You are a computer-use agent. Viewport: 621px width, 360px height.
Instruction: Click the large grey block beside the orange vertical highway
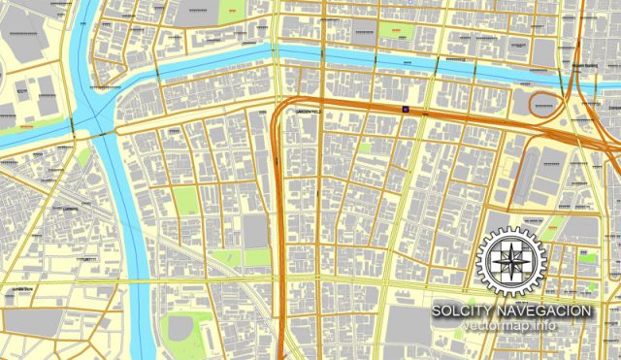255,231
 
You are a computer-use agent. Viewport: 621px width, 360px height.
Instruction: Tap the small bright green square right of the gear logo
586,257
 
